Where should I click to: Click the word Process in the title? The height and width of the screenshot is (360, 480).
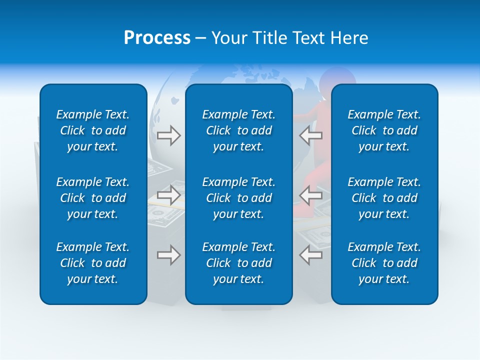pos(157,38)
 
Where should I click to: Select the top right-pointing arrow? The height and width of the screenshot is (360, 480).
pos(168,135)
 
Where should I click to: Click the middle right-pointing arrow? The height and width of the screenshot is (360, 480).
pos(168,194)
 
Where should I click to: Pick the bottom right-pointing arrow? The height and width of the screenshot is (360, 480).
pos(168,255)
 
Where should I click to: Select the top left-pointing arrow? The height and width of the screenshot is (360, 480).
pos(310,135)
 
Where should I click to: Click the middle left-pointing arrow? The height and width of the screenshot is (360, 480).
pos(310,194)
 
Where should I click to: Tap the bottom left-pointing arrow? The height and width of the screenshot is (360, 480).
pos(310,255)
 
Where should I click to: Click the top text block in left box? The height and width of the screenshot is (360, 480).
pos(93,130)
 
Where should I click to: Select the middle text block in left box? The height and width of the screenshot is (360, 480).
pos(93,198)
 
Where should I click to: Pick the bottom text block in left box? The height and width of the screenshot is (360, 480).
pos(93,263)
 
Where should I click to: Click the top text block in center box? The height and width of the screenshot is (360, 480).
pos(238,130)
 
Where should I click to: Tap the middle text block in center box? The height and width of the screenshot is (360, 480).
pos(238,198)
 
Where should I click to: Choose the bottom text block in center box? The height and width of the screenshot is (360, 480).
pos(238,263)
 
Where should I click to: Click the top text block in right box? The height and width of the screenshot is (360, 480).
pos(384,130)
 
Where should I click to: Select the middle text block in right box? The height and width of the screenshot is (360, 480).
pos(384,198)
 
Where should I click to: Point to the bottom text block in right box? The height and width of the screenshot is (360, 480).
pos(384,263)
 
